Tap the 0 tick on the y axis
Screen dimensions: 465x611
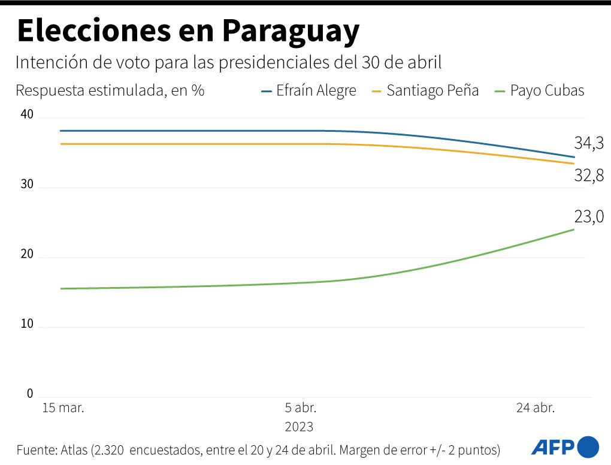pos(29,394)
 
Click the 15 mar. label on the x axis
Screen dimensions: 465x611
pos(63,408)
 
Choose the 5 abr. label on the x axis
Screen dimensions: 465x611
pos(300,408)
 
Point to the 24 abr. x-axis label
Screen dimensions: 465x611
pos(536,408)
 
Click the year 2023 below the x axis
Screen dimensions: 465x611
pos(299,427)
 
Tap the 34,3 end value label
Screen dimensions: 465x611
pos(588,144)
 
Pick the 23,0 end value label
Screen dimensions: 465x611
pos(588,217)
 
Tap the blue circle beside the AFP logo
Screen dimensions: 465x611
pos(588,446)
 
